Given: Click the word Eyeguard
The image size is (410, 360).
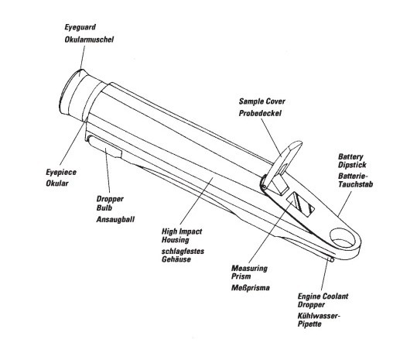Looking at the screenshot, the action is pyautogui.click(x=80, y=27).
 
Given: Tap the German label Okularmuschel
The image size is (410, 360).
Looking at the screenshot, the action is pyautogui.click(x=89, y=39).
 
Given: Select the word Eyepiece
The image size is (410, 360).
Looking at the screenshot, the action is pyautogui.click(x=61, y=173).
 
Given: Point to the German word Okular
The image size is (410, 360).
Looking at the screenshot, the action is pyautogui.click(x=57, y=183).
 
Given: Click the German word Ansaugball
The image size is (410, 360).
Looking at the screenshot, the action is pyautogui.click(x=115, y=219).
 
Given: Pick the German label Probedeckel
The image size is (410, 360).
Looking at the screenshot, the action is pyautogui.click(x=260, y=114).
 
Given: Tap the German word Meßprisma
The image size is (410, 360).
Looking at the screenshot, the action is pyautogui.click(x=251, y=288).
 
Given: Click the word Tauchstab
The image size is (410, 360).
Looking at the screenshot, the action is pyautogui.click(x=356, y=184).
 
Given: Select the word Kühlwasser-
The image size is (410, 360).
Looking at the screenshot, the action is pyautogui.click(x=319, y=316).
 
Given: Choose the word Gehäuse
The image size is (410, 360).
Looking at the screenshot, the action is pyautogui.click(x=176, y=259).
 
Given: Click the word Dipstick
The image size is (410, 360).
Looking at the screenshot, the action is pyautogui.click(x=352, y=165).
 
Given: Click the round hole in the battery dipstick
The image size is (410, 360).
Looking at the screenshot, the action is pyautogui.click(x=343, y=238).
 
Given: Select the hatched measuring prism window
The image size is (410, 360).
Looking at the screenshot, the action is pyautogui.click(x=301, y=204).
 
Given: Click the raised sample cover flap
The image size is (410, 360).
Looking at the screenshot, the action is pyautogui.click(x=283, y=162).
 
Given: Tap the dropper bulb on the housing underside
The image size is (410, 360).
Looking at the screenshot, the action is pyautogui.click(x=104, y=146).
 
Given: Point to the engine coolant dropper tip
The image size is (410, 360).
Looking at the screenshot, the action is pyautogui.click(x=332, y=259).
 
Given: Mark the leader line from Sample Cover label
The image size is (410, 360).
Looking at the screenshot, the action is pyautogui.click(x=272, y=138).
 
